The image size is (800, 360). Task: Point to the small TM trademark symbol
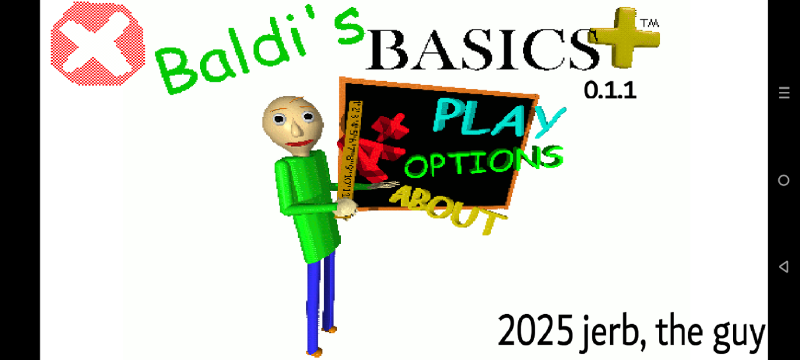click(x=649, y=24)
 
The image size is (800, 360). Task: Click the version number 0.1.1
click(x=610, y=91)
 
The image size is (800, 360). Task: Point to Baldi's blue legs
click(x=318, y=300)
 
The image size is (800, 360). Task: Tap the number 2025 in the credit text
click(x=535, y=331)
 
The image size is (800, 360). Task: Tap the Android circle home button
click(x=784, y=180)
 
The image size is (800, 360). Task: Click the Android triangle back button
click(x=784, y=267)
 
